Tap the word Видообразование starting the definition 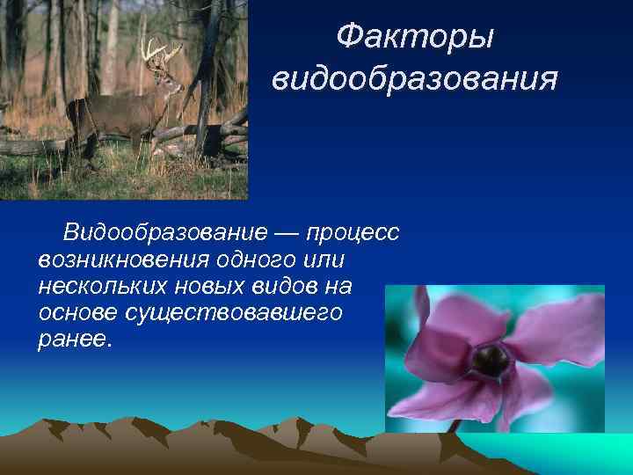point(164,233)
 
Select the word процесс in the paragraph point(355,233)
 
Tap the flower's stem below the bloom point(456,425)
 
